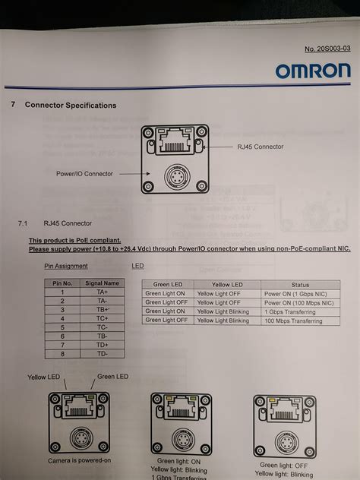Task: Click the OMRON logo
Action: (313, 72)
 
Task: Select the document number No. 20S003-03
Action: (327, 48)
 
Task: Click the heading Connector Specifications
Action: (71, 105)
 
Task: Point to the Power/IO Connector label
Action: (84, 173)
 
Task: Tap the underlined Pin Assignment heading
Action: (66, 266)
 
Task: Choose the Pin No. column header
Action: (62, 283)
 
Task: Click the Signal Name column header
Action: (101, 283)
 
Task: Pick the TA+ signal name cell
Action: (101, 292)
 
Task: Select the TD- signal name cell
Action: (101, 354)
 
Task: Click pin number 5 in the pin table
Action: (62, 327)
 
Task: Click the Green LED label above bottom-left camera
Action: (112, 377)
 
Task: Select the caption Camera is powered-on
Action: (78, 461)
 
